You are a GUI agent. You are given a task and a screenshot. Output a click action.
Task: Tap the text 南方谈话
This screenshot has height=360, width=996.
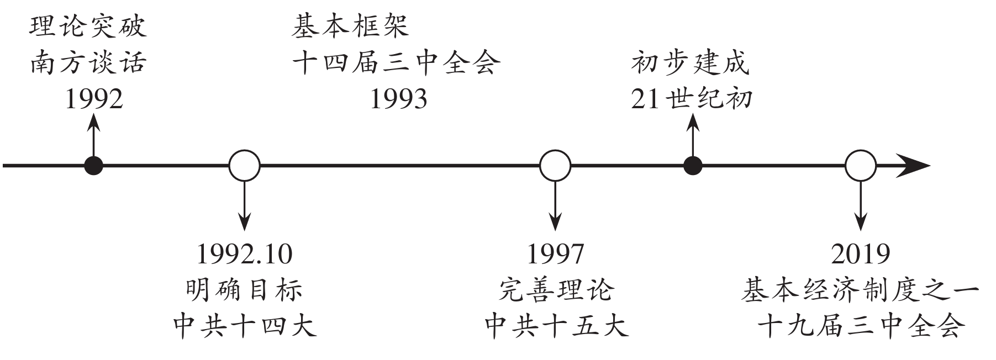(x=88, y=63)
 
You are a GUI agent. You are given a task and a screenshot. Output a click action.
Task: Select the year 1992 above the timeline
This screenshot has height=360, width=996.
(x=94, y=99)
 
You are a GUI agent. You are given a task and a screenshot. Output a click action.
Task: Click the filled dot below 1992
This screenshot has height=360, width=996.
(x=93, y=166)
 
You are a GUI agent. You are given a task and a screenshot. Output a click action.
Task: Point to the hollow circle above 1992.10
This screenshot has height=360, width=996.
(x=244, y=166)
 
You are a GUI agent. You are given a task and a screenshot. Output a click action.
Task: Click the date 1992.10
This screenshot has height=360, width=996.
(x=244, y=254)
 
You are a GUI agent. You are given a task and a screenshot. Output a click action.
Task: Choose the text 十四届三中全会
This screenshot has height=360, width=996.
(x=396, y=63)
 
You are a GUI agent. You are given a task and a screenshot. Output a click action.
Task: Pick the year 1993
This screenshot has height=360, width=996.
(x=398, y=99)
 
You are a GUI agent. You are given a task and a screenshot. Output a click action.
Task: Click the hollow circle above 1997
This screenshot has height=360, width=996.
(x=555, y=166)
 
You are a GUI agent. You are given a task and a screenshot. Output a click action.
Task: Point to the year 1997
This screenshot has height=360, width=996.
(x=555, y=254)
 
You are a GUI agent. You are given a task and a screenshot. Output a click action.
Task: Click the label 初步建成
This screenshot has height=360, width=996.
(x=691, y=63)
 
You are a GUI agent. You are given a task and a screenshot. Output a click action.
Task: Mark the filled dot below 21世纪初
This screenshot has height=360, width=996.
(x=693, y=166)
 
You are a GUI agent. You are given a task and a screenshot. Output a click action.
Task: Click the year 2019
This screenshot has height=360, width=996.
(x=861, y=254)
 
